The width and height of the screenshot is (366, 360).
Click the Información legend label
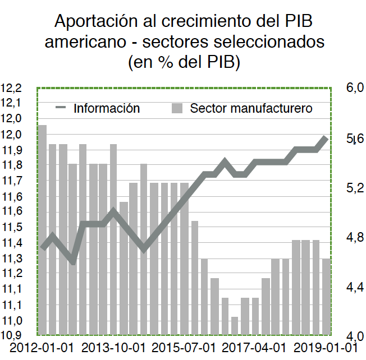pyautogui.click(x=107, y=108)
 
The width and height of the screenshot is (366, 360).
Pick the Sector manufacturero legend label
pyautogui.click(x=251, y=108)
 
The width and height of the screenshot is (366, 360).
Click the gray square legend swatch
pyautogui.click(x=178, y=108)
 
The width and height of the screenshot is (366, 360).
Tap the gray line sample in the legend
pyautogui.click(x=61, y=108)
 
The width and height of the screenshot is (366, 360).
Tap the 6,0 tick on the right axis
pyautogui.click(x=355, y=87)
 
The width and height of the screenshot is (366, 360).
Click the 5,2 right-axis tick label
pyautogui.click(x=355, y=188)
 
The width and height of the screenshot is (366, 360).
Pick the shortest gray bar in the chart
pyautogui.click(x=235, y=325)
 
